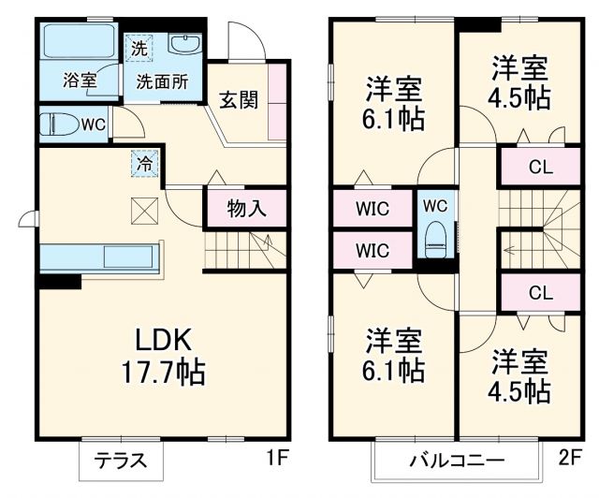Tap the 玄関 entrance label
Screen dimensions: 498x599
tap(240, 99)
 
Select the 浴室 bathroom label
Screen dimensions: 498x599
tap(80, 80)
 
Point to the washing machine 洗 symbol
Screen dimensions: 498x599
tap(139, 46)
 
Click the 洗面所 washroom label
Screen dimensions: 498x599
tap(163, 81)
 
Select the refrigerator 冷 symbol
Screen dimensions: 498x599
tap(145, 162)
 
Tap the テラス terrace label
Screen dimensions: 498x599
tap(120, 461)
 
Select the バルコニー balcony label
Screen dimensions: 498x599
tap(457, 461)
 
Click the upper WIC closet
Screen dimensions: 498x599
tap(373, 208)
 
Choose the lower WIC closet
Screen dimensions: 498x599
tap(373, 250)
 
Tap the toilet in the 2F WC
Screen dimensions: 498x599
tap(436, 239)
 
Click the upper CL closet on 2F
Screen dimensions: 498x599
tap(540, 168)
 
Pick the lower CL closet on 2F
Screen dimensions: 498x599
tap(540, 292)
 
